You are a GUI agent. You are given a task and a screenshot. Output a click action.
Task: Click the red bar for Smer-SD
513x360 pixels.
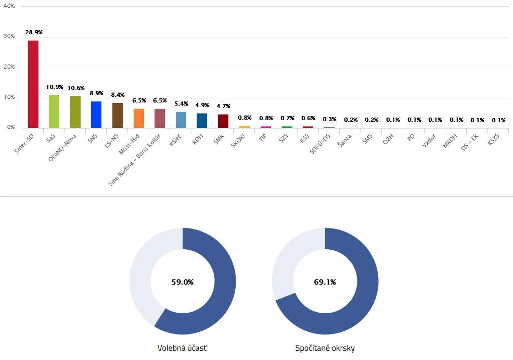[33, 84]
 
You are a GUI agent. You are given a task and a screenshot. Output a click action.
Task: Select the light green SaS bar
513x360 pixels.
[54, 112]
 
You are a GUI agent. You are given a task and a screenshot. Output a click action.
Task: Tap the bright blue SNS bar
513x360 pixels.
[96, 115]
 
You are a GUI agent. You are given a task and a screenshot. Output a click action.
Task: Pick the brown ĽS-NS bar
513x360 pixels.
[117, 116]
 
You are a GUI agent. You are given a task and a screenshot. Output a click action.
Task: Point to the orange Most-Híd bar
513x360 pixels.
[139, 118]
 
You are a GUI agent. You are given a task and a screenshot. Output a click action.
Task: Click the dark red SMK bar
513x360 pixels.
[223, 121]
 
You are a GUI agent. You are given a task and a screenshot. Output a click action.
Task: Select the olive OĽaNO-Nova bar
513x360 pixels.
[75, 112]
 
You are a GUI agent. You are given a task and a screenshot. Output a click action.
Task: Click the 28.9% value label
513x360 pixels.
[34, 32]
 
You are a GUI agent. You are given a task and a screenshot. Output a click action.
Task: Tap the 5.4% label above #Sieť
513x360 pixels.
[181, 104]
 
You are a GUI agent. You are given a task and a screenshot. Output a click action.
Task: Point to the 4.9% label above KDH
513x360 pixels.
[202, 105]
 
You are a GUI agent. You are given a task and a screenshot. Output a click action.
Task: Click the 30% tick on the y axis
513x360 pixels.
[9, 36]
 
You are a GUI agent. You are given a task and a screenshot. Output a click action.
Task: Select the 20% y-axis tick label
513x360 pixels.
[9, 67]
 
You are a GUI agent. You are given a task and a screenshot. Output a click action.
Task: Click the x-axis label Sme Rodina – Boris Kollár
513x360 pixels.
[134, 160]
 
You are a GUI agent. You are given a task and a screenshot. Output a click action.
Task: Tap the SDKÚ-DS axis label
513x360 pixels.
[320, 144]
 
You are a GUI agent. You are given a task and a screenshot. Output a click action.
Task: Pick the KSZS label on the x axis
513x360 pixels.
[493, 140]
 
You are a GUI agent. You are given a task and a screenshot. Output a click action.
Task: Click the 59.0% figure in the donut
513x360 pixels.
[182, 282]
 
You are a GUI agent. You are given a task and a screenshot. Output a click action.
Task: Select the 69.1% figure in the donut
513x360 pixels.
[325, 282]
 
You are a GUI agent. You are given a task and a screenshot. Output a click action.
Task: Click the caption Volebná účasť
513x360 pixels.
[182, 348]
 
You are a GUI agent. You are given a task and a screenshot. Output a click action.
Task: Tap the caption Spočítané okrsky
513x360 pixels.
[325, 348]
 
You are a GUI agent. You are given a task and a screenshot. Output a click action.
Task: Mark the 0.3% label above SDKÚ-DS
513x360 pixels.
[330, 119]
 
